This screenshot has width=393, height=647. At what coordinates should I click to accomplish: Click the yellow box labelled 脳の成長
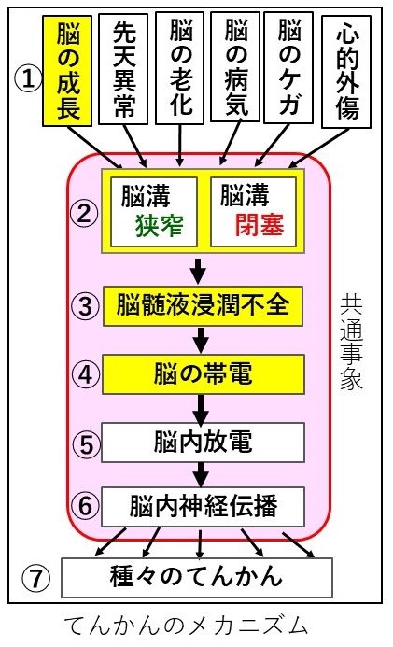point(67,71)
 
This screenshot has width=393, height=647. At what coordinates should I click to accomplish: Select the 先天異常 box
point(123,69)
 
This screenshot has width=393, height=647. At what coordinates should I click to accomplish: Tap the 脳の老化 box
point(180,68)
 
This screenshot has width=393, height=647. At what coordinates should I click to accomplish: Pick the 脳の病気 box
point(235,67)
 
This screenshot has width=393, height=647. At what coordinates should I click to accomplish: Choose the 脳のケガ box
point(288,67)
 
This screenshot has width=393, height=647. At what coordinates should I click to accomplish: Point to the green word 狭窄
point(160,226)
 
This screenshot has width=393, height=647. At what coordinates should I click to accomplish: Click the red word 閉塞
point(260,225)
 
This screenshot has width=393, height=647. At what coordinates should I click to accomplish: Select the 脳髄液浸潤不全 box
point(203,305)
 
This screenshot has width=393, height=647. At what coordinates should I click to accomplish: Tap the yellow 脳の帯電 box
point(204,373)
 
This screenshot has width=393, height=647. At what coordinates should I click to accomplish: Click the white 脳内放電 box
point(203,443)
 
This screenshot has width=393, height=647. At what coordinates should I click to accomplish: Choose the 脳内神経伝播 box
point(203,507)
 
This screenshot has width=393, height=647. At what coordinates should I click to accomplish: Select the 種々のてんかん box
point(197,577)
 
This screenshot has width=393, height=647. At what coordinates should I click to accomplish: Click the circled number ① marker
point(28,78)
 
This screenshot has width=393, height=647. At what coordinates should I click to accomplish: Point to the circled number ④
point(85,374)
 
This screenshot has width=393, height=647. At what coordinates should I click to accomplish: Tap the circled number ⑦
point(35,578)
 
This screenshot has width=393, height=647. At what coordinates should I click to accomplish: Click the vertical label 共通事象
point(351,342)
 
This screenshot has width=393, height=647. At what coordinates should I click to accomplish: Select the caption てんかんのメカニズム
point(187,626)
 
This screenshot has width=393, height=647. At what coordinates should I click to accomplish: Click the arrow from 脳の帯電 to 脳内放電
point(201,410)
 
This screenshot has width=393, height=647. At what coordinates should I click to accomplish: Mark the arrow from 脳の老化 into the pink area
point(180,146)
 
